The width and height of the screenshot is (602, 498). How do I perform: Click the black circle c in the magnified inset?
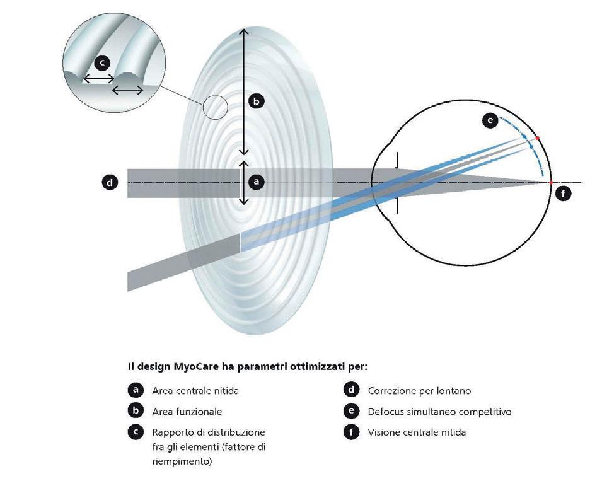tap(102, 63)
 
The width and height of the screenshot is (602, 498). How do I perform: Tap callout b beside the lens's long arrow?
tap(257, 101)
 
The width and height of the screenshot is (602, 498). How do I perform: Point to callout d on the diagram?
tap(110, 183)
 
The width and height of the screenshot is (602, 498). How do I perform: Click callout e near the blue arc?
tap(490, 120)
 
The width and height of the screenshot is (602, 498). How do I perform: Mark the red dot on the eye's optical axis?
tap(551, 183)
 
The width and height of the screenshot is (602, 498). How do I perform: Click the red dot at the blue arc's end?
tap(536, 138)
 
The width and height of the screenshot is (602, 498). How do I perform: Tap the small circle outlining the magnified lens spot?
tap(215, 107)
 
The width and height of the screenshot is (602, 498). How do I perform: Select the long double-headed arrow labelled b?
tap(243, 91)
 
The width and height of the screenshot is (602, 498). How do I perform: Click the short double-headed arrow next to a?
tap(243, 183)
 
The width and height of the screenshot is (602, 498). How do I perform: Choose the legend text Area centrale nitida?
tap(195, 391)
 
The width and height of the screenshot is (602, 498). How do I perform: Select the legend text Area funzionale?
tap(187, 412)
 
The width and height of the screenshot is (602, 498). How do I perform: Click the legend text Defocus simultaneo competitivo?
tap(439, 412)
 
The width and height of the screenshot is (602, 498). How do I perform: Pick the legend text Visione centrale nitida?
tap(417, 432)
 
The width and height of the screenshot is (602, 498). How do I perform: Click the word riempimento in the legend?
tap(182, 461)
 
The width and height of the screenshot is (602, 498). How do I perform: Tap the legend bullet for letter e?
tap(351, 412)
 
